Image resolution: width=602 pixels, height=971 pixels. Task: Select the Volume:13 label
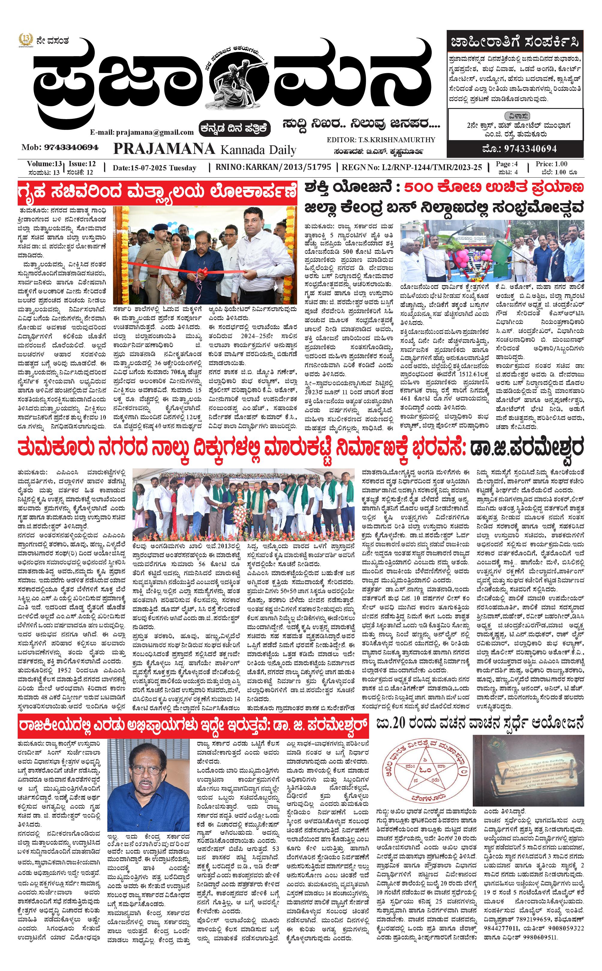click(x=44, y=164)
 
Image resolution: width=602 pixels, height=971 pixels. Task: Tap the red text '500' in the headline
click(x=421, y=187)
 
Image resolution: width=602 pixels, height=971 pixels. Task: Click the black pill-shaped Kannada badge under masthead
click(x=235, y=128)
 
